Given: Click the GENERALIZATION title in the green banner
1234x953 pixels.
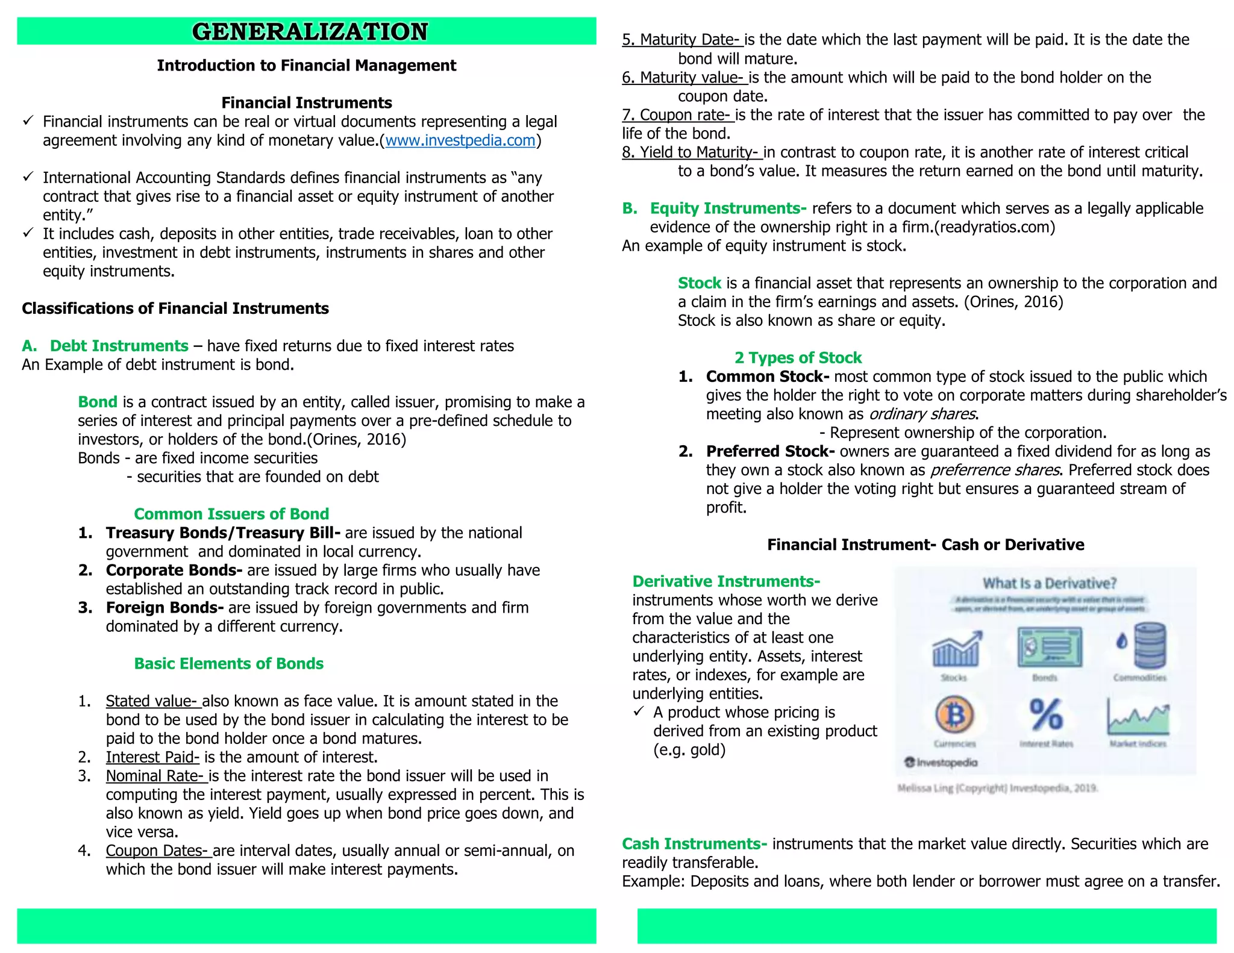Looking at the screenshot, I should click(x=310, y=31).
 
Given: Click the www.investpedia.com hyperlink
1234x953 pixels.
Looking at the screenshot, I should click(x=460, y=140).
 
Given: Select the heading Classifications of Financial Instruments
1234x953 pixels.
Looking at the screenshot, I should click(x=175, y=308).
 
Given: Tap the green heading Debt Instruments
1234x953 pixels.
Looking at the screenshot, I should click(x=119, y=346).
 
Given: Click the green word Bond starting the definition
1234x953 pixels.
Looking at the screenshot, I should click(x=98, y=402).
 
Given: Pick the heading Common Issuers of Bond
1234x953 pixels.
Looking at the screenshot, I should click(x=231, y=514).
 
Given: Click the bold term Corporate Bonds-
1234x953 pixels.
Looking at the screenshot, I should click(x=174, y=570).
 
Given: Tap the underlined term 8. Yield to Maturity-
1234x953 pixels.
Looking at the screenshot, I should click(x=691, y=152).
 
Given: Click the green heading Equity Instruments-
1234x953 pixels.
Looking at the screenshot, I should click(x=728, y=208).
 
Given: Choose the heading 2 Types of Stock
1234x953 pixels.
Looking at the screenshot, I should click(x=798, y=358).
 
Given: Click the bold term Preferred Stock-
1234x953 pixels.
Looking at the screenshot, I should click(x=770, y=451).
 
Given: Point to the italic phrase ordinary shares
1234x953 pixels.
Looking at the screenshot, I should click(x=922, y=414).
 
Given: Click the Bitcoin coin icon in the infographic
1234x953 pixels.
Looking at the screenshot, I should click(x=954, y=715).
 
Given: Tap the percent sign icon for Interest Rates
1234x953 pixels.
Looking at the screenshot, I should click(x=1046, y=715).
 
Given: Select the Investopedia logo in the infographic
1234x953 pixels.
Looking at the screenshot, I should click(x=941, y=763).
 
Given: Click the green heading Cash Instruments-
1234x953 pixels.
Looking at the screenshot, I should click(x=694, y=844).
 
